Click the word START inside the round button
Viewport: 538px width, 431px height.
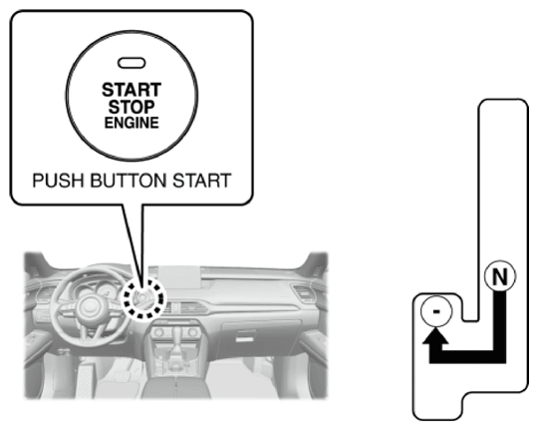coord(132,90)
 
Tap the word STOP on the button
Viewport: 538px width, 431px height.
coord(132,107)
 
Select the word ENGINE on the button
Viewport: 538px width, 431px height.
coord(132,123)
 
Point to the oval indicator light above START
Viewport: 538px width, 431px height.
coord(132,63)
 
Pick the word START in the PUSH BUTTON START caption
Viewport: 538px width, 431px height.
coord(201,181)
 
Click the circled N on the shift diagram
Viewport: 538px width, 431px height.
coord(500,276)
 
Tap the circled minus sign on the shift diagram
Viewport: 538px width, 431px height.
coord(436,311)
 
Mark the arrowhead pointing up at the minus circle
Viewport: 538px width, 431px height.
coord(435,336)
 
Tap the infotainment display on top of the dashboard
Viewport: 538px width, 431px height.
coord(178,277)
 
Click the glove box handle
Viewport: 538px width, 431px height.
coord(245,337)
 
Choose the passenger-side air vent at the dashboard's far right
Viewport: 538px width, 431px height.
coord(304,293)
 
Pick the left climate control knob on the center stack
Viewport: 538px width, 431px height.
coord(158,332)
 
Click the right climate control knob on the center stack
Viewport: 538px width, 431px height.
coord(192,332)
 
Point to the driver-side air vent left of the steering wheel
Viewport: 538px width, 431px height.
coord(44,294)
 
